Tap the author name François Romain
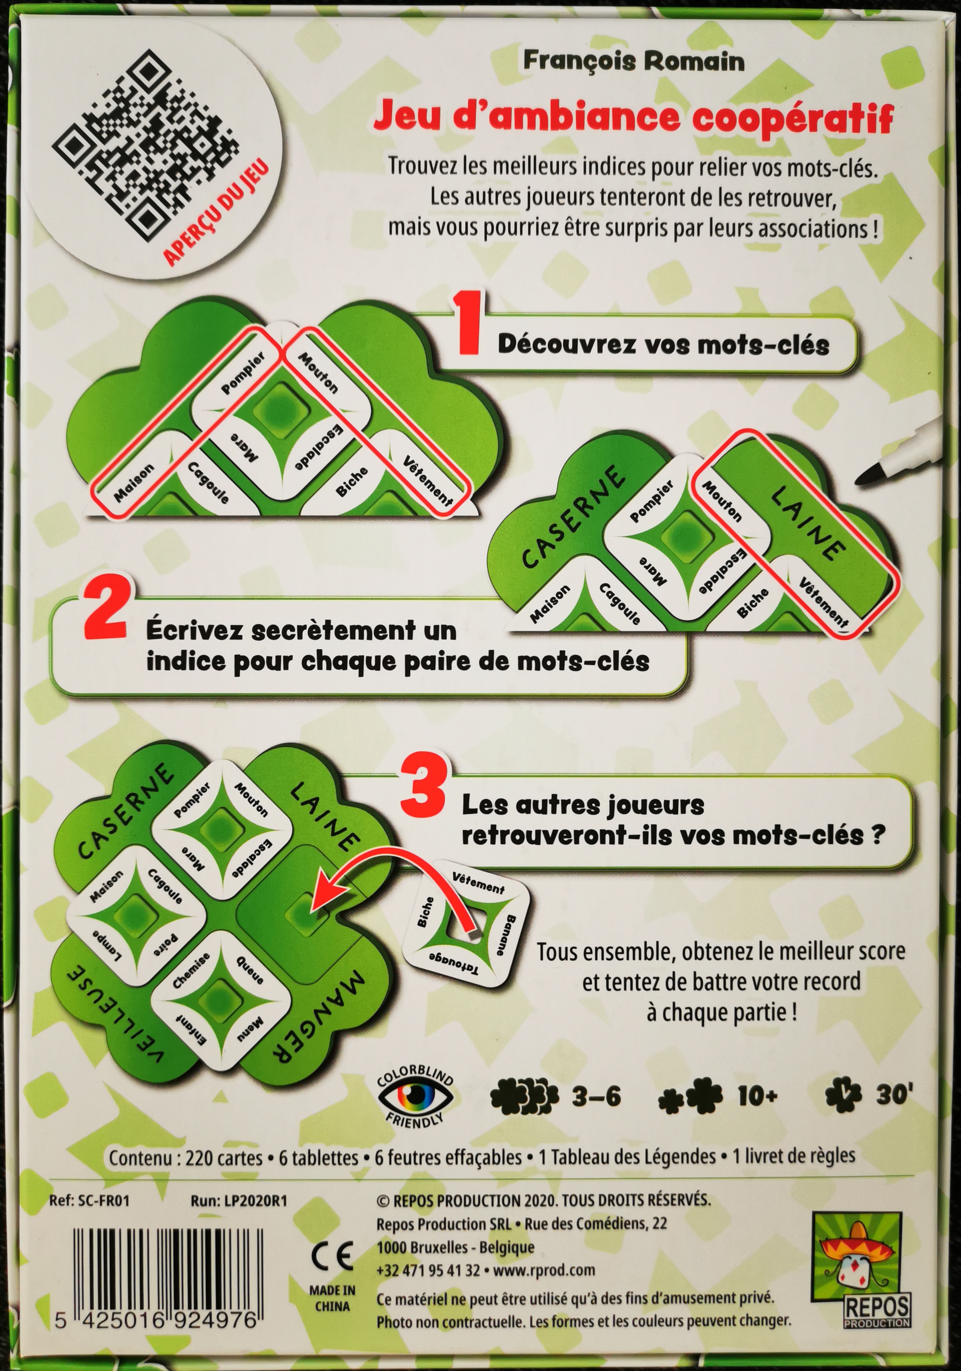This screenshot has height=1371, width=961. pos(634,61)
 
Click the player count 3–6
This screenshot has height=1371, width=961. pos(596,1096)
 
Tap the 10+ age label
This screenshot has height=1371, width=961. pos(757,1096)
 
